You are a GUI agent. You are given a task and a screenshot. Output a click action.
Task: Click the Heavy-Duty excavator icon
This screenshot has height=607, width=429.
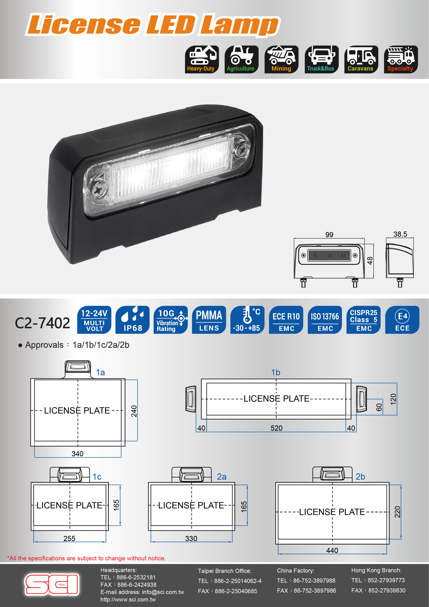[x=202, y=59]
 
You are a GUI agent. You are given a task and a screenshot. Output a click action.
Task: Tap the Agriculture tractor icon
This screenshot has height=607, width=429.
[x=241, y=59]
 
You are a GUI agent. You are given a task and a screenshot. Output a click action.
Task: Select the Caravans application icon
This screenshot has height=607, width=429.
[x=361, y=59]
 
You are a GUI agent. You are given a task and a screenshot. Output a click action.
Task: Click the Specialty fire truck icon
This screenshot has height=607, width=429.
[x=401, y=59]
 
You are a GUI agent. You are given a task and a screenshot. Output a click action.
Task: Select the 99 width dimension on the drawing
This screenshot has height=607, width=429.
[x=329, y=235]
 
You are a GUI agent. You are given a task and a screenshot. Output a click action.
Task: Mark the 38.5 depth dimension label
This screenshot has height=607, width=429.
[x=400, y=234]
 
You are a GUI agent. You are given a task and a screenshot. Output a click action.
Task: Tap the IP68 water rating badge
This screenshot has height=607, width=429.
[x=132, y=320]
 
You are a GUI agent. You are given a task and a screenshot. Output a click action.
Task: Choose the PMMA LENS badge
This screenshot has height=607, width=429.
[x=209, y=320]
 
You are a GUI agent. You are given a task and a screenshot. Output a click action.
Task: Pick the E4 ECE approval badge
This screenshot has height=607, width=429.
[x=402, y=320]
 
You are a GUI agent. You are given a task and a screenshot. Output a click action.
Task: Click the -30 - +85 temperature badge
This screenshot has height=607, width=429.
[x=247, y=320]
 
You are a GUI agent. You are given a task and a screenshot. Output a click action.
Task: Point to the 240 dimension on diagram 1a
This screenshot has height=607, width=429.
[x=134, y=411]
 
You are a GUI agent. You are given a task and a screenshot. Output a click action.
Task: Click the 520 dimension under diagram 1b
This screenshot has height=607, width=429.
[x=276, y=428]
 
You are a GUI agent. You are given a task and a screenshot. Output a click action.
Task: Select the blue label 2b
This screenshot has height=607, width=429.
[x=360, y=477]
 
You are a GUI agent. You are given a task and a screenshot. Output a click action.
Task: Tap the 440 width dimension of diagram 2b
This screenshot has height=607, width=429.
[x=332, y=550]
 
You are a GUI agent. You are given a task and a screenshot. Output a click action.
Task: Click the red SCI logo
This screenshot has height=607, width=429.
[x=52, y=584]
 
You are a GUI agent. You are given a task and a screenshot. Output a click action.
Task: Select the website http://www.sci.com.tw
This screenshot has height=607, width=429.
[x=128, y=599]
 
